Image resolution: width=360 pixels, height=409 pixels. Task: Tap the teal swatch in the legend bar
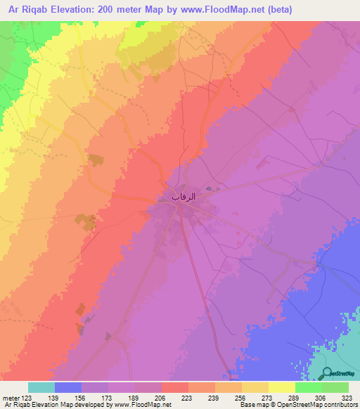pos(41,387)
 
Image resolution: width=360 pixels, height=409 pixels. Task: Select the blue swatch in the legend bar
pos(68,387)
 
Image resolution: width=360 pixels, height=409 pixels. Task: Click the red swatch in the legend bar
pos(175,387)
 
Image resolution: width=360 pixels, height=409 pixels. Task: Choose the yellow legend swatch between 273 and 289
pos(282,387)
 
